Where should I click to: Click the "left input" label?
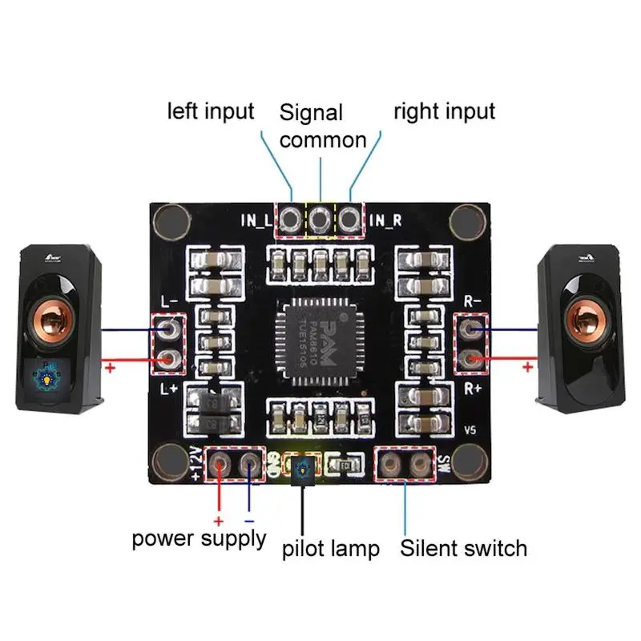click(x=210, y=111)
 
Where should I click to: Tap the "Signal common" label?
click(x=323, y=126)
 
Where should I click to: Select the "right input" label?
click(x=444, y=111)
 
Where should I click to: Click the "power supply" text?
click(x=199, y=538)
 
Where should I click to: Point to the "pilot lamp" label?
click(x=330, y=549)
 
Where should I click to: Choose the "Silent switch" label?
click(x=464, y=548)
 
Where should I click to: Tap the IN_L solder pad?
click(x=290, y=218)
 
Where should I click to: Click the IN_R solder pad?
click(x=349, y=218)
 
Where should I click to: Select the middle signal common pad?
click(x=320, y=218)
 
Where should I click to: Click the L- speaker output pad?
click(x=169, y=329)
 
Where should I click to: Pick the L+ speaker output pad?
click(x=169, y=358)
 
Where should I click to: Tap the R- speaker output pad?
click(x=473, y=329)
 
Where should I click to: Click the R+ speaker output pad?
click(x=473, y=358)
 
